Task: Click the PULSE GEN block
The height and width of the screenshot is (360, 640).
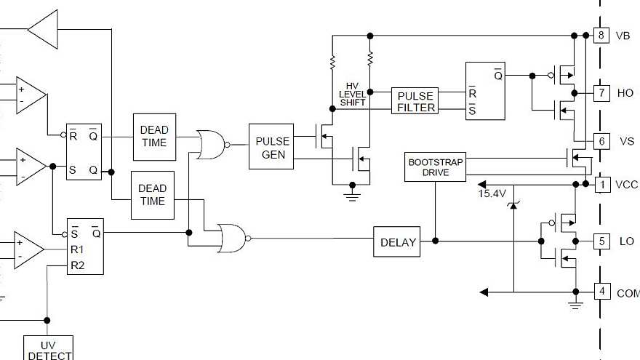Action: point(271,147)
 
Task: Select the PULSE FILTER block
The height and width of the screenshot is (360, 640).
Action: point(415,101)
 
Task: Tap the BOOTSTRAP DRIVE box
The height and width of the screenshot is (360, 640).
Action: point(434,167)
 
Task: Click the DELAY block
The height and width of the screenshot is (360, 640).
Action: point(397,242)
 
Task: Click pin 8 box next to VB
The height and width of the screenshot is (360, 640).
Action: point(601,35)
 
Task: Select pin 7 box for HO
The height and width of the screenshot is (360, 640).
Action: point(601,93)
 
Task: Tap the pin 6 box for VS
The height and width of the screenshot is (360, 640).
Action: point(601,141)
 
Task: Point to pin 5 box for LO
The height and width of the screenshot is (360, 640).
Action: point(601,241)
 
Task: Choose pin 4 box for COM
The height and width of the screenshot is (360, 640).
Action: point(601,292)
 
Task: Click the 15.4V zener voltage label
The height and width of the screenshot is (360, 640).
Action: point(492,194)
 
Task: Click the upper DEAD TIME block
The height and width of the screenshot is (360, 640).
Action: point(153,137)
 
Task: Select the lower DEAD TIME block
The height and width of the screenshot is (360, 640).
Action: point(153,194)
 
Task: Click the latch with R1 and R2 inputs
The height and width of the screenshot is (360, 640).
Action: point(85,247)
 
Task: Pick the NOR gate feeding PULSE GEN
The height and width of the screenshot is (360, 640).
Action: point(211,145)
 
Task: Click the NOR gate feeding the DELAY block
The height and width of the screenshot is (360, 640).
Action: point(231,238)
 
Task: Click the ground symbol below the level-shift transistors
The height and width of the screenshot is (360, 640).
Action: point(352,193)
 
